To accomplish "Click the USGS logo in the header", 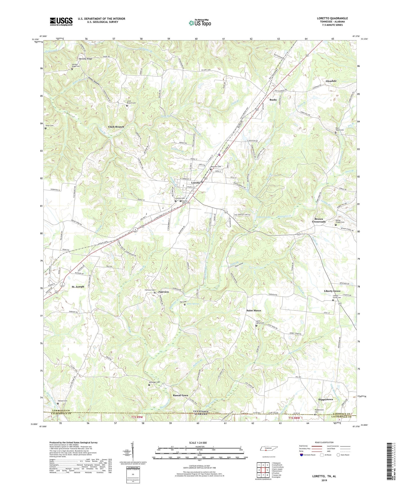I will click(x=61, y=21).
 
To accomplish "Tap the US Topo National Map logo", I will click(x=200, y=23).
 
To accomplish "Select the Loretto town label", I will click(x=196, y=183).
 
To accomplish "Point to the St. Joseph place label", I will click(x=78, y=287).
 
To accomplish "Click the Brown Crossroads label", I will click(x=319, y=220).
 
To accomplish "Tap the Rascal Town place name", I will click(x=180, y=395).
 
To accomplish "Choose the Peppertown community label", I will click(x=325, y=399).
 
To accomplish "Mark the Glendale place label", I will click(x=331, y=81).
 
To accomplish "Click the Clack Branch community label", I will click(x=116, y=127).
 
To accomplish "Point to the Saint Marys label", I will click(x=254, y=310).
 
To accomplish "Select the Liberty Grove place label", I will click(x=332, y=291).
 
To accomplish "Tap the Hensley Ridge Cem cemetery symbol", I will click(x=72, y=69).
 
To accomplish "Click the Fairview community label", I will click(x=163, y=292).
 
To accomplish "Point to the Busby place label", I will click(x=273, y=100).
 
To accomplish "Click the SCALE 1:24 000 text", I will click(x=198, y=443).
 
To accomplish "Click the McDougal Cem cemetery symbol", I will click(x=149, y=385).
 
